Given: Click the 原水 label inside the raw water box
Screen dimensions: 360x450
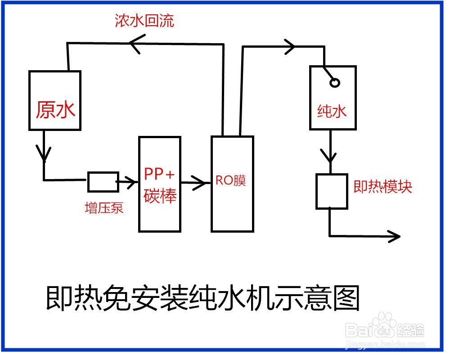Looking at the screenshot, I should pos(55,109).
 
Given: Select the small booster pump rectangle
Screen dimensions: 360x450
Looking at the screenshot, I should pos(103,181).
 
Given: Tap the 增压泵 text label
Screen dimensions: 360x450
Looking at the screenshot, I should pos(104,208).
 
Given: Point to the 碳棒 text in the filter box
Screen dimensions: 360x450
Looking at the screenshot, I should pos(159,196).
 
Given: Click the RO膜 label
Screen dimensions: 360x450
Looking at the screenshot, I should pos(231,181).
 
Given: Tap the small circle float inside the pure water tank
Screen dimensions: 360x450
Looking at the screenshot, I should pos(335,82).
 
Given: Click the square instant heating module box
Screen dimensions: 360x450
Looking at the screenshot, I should pos(331,191).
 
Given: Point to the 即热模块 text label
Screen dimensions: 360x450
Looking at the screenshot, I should pos(382,187).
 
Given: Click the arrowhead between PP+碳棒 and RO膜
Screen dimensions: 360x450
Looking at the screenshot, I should pos(205,183).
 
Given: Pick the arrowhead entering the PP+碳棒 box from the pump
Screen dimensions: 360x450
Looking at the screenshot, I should pos(132,182).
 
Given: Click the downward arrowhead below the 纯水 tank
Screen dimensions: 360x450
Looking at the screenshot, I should pos(331,157).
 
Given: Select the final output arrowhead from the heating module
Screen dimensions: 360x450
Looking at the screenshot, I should pos(395,235).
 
